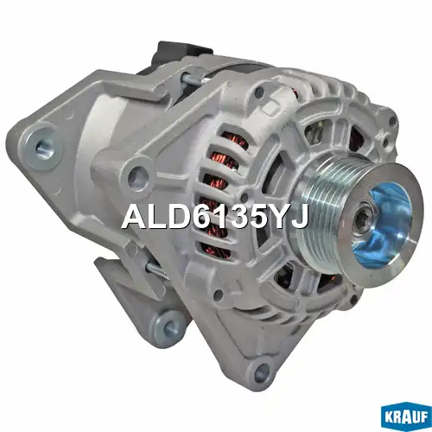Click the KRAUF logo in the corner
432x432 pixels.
click(x=406, y=417)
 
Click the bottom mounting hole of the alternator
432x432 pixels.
click(x=261, y=371)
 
